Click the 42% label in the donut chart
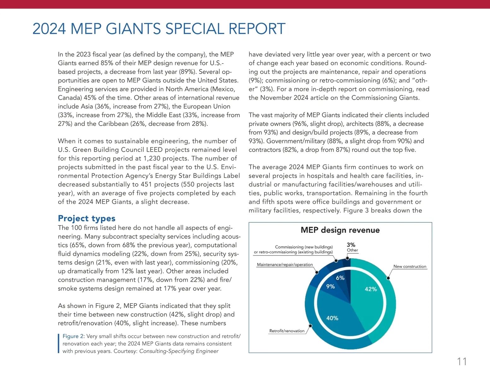(371, 289)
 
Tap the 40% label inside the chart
(332, 318)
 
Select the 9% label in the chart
(330, 286)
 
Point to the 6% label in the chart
(340, 278)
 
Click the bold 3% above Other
(351, 245)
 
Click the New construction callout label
(410, 267)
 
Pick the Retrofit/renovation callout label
(287, 331)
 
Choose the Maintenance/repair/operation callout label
(285, 265)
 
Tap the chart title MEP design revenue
(340, 230)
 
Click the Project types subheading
(86, 218)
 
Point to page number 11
(462, 362)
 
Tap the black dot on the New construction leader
(388, 278)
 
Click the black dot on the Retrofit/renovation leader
(310, 326)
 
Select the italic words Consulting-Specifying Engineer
(179, 351)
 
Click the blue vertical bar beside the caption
(58, 344)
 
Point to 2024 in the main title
(49, 29)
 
